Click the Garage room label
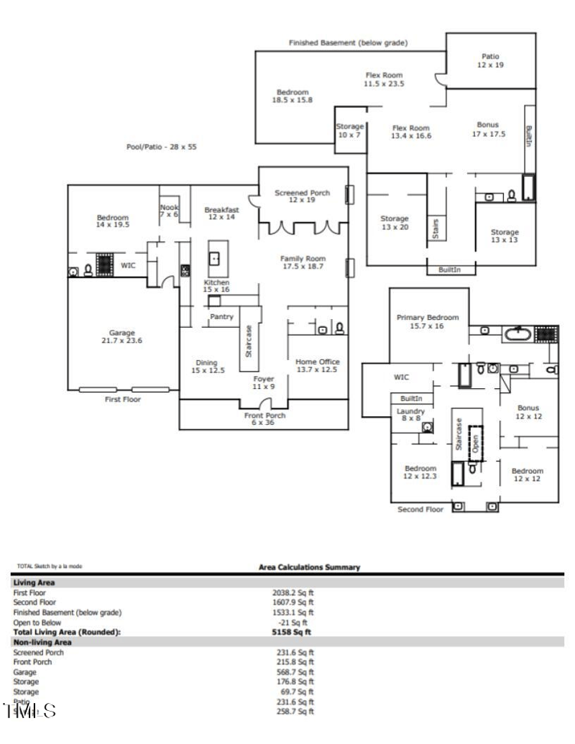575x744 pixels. pos(122,337)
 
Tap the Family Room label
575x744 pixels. pos(303,262)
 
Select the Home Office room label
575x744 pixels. pos(318,366)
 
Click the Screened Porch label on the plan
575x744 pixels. pos(303,197)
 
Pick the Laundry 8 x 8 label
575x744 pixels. pos(410,415)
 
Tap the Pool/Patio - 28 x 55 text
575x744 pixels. pos(161,147)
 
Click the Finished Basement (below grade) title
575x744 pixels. pos(348,43)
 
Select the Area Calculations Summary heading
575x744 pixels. pos(309,567)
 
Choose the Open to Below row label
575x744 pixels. pos(37,623)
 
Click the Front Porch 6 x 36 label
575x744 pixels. pos(264,419)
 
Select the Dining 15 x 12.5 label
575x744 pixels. pos(207,367)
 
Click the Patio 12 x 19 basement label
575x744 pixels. pos(490,60)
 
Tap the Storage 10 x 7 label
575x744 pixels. pos(350,131)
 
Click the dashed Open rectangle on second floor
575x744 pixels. pos(475,442)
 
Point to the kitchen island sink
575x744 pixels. pos(215,257)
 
